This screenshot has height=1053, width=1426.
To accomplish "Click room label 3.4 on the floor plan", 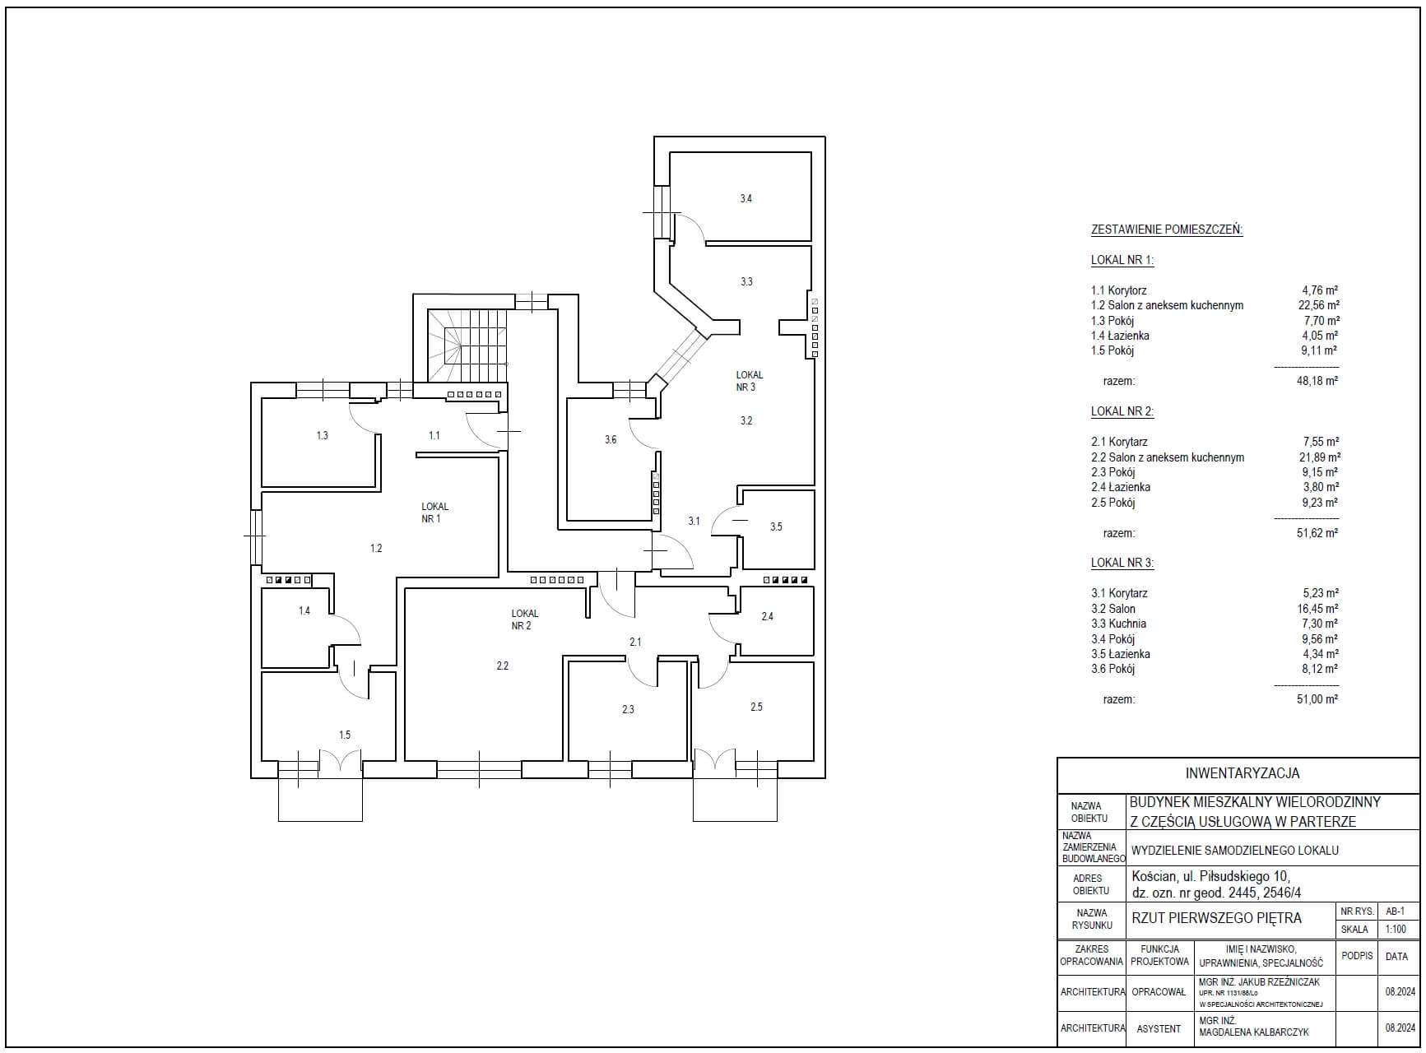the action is [746, 198].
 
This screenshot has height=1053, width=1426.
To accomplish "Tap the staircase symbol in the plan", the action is [467, 346].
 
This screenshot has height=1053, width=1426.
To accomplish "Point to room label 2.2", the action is [502, 666].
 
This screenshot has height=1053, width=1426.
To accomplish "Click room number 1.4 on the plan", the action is [304, 610].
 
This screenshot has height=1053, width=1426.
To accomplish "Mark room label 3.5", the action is [776, 526].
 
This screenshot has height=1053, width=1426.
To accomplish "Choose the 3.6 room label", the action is [611, 439].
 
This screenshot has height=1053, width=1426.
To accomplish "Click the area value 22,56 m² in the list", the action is [1319, 305].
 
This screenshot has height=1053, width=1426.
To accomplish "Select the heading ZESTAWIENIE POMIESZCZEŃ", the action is [1167, 230].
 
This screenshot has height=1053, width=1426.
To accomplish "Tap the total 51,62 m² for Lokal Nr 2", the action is [1317, 532].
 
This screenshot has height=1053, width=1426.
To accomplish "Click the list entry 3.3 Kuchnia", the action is [1118, 624].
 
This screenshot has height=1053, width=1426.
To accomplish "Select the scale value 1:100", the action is [1396, 929].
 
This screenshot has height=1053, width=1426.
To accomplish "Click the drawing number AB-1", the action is [1396, 912].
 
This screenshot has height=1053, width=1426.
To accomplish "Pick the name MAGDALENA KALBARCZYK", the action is [1254, 1032].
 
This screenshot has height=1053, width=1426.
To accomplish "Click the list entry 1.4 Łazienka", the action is [1120, 336].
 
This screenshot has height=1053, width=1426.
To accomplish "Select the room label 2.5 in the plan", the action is [756, 706].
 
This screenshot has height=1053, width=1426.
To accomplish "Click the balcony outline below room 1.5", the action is [320, 799].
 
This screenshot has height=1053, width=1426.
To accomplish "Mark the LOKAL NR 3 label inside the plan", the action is [749, 381].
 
